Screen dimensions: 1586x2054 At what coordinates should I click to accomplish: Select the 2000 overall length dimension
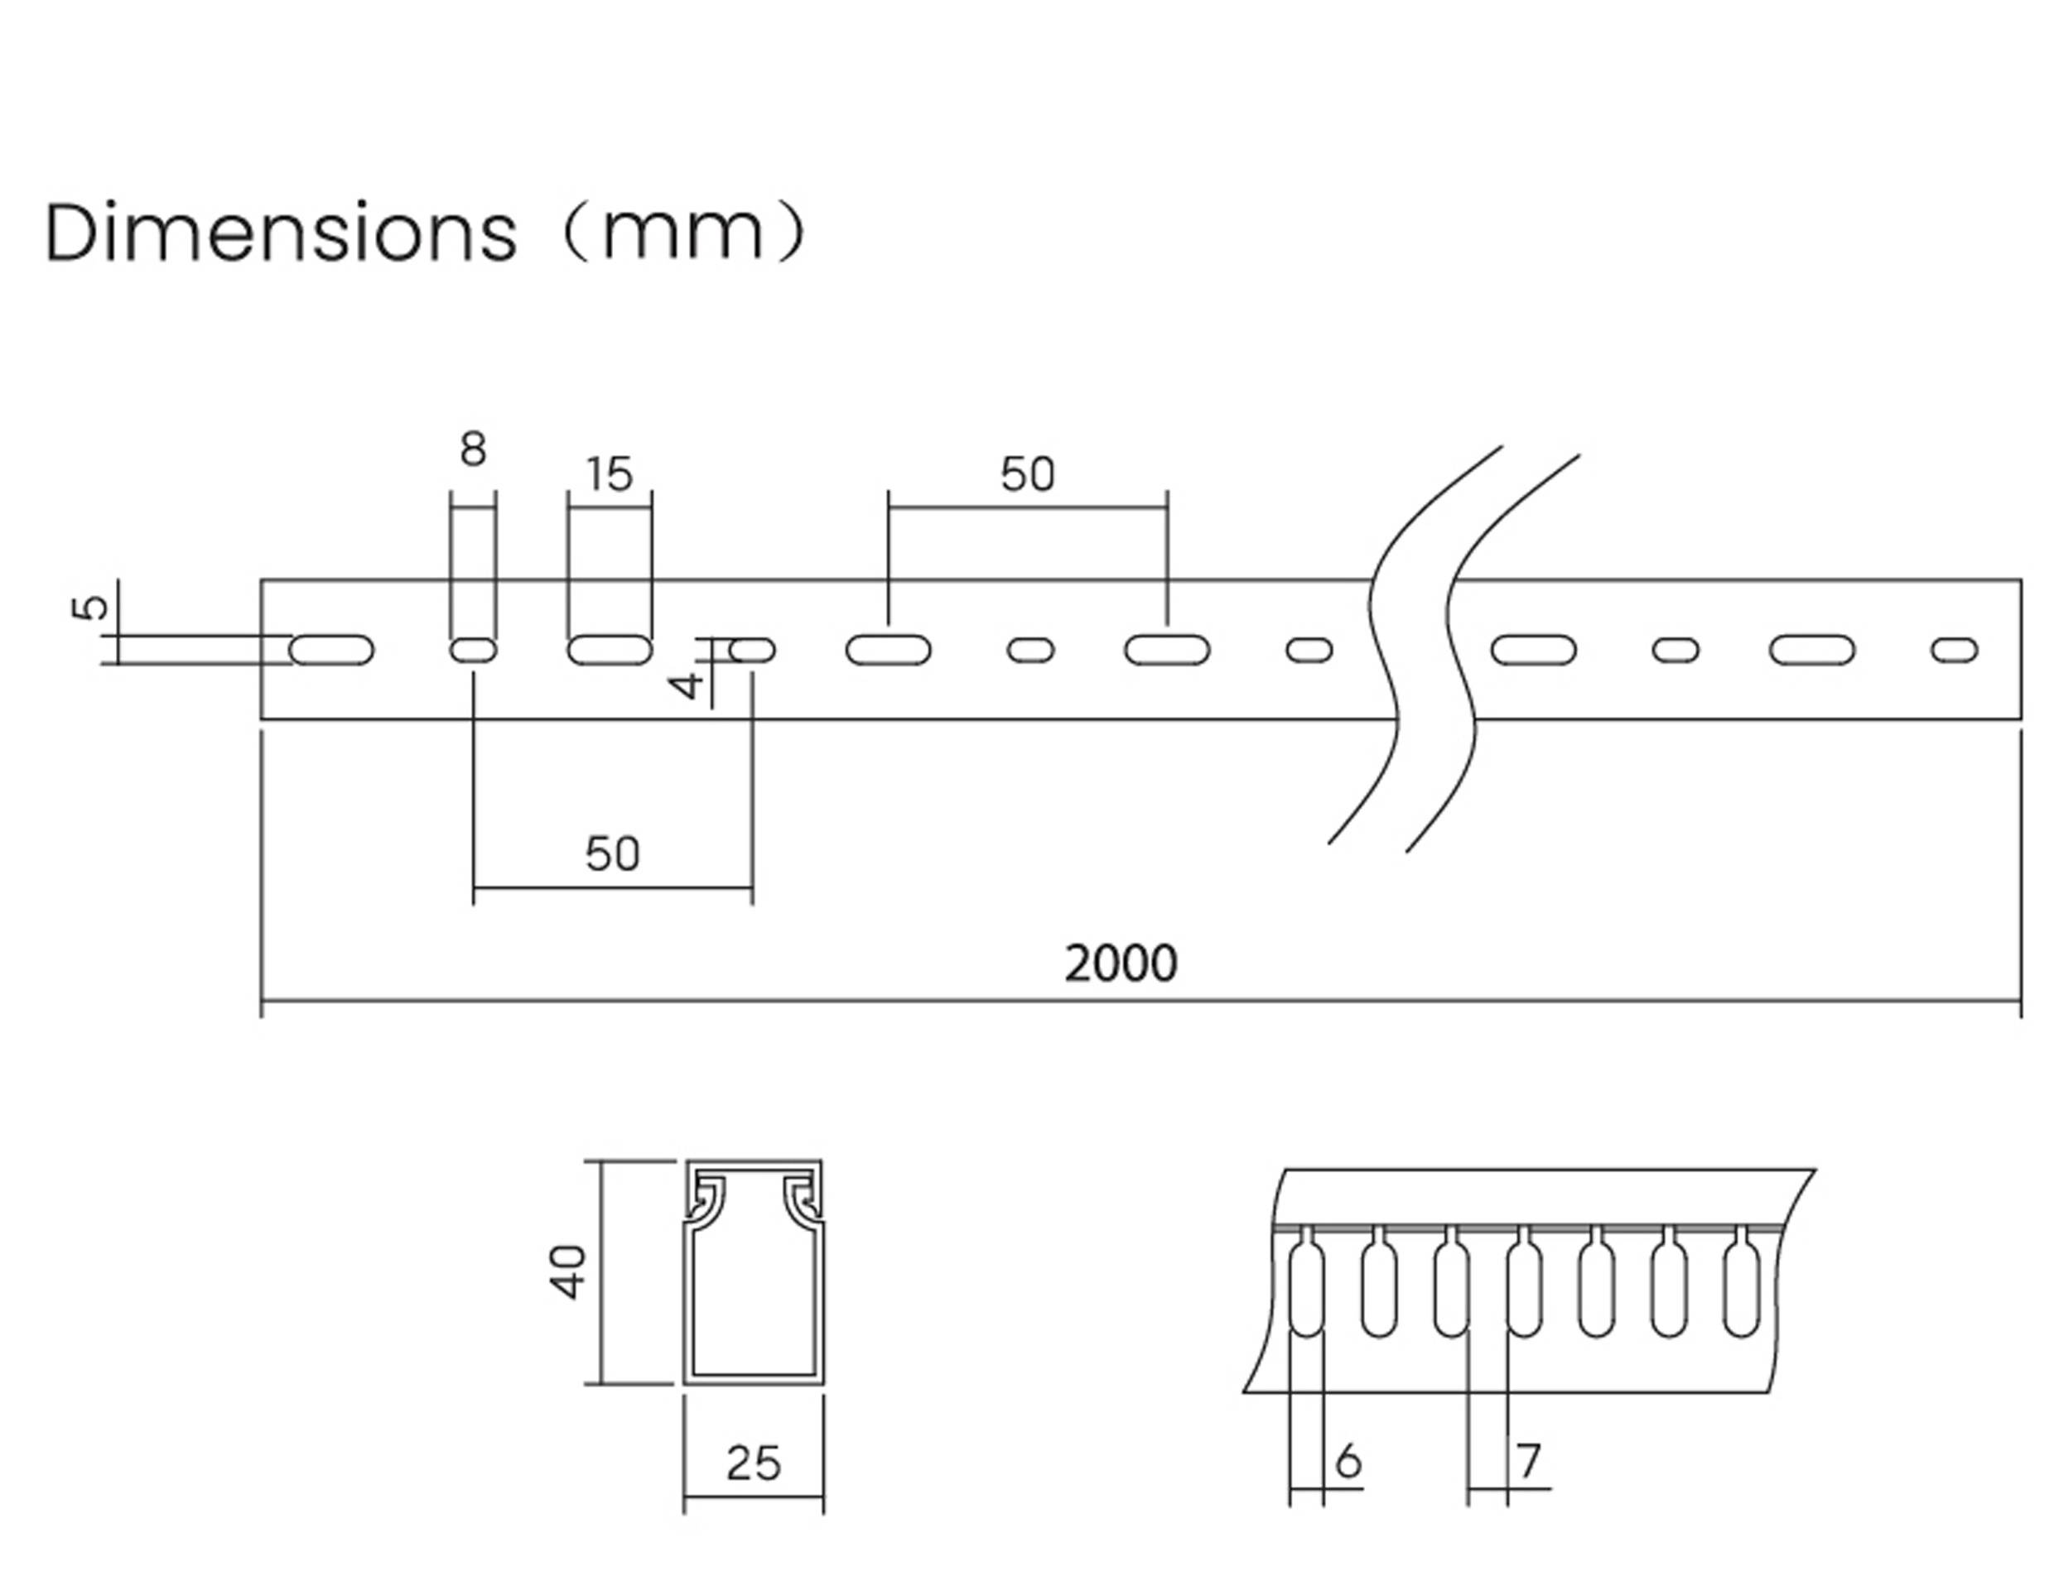click(1120, 964)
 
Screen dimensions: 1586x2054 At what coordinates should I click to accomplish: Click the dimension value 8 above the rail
click(473, 449)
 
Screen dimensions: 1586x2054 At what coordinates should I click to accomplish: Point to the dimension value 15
click(610, 475)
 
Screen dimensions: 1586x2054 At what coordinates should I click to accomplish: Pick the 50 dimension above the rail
click(1027, 475)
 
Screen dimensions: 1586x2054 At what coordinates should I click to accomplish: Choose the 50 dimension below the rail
click(612, 853)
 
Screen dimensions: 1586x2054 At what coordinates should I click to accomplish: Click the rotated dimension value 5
click(90, 608)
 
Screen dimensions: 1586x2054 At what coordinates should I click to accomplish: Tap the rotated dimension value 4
click(687, 685)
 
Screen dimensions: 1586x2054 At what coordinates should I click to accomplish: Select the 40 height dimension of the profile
click(567, 1272)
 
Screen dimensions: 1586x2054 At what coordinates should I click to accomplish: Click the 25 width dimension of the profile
click(754, 1463)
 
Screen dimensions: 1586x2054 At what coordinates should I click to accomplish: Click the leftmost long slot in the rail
click(331, 651)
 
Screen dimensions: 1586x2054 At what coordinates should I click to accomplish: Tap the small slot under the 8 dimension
click(473, 651)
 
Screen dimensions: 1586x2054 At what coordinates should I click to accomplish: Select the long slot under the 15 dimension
click(610, 651)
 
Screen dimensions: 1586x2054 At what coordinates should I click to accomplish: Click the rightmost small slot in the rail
click(1955, 651)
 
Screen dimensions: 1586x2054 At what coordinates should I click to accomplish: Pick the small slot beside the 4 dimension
click(752, 651)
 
